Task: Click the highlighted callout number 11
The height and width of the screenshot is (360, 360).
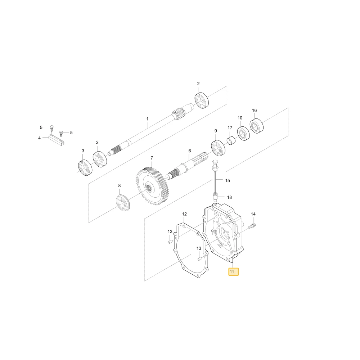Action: [234, 272]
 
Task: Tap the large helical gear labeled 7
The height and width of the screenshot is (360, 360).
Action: [152, 186]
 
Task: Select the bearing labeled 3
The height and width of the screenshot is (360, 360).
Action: [85, 168]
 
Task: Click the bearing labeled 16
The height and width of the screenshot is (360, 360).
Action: [256, 126]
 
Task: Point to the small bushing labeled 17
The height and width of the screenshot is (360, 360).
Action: [231, 141]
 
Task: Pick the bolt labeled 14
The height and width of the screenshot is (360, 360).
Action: [252, 226]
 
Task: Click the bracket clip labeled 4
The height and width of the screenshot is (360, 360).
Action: [56, 140]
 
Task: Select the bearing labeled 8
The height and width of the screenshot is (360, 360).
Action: [123, 202]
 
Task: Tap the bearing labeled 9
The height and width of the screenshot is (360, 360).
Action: [218, 148]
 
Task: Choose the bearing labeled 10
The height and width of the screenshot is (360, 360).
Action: [243, 134]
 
